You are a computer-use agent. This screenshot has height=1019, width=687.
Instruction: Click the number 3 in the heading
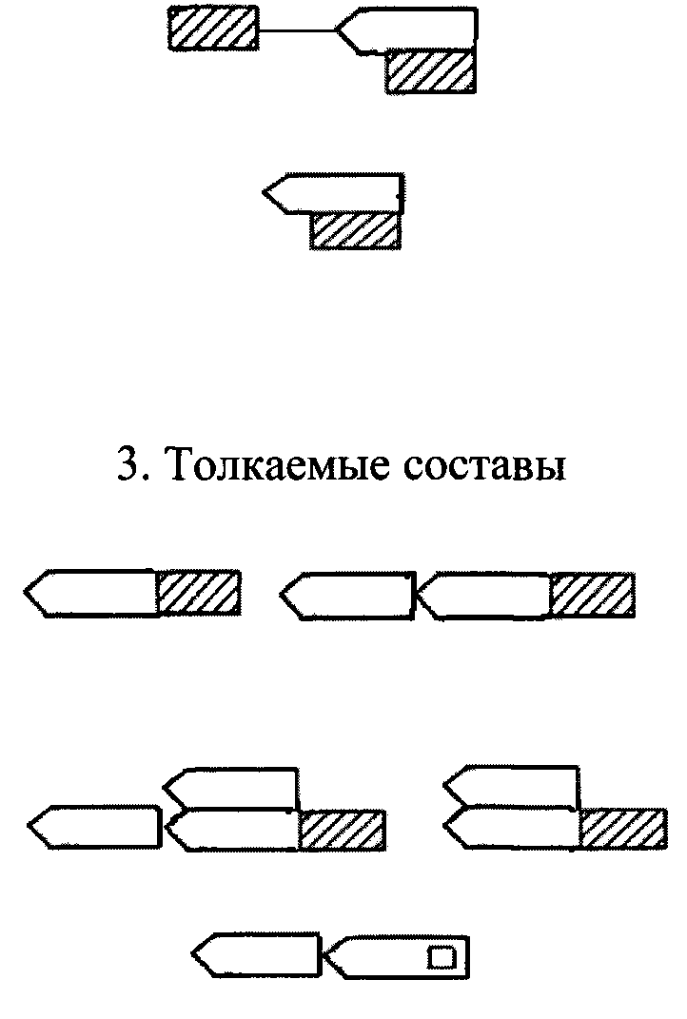coord(128,469)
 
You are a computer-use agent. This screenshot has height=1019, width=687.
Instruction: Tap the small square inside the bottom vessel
coord(441,956)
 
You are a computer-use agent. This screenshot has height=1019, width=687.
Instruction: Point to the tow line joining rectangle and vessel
coord(296,30)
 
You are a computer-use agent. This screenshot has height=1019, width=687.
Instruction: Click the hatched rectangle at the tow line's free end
coord(212,28)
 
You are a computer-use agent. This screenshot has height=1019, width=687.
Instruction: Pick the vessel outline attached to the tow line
coord(409,29)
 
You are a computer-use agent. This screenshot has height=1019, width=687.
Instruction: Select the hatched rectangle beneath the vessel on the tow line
coord(430,71)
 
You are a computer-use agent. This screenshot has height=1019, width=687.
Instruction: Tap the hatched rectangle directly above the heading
coord(354,231)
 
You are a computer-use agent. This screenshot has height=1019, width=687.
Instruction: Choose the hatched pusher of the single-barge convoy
coord(198,593)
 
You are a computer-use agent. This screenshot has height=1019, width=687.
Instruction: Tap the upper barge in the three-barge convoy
coord(233,788)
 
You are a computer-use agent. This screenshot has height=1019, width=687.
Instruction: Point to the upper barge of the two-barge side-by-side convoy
coord(514,788)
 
